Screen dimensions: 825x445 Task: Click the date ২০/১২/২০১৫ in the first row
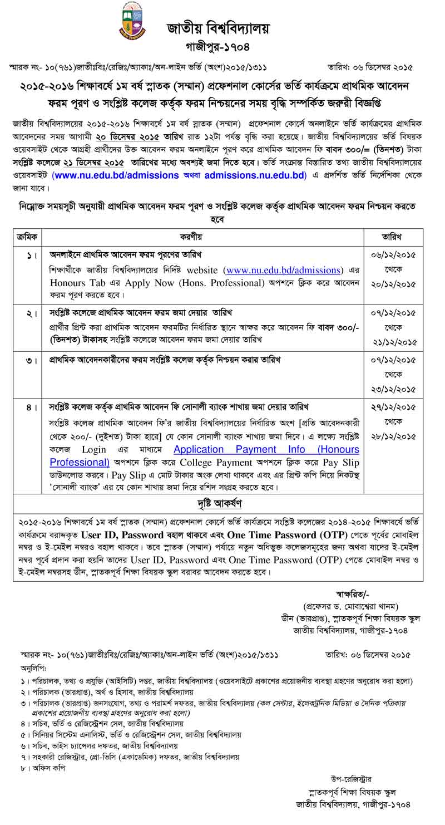[x=394, y=283]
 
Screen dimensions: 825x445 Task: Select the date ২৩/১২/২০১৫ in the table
[x=394, y=389]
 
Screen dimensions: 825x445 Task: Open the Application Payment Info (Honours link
[x=266, y=449]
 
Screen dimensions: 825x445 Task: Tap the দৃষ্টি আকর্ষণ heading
[x=217, y=504]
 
